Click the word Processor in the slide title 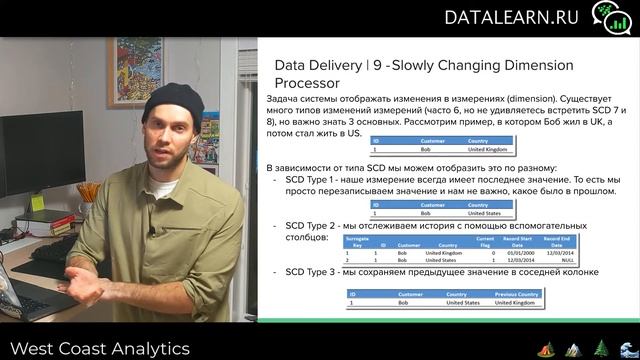[x=307, y=83]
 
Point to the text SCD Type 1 [x=315, y=178]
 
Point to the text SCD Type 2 [x=315, y=226]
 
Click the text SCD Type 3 [x=315, y=272]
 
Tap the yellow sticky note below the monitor [x=37, y=202]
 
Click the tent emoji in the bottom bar [x=546, y=349]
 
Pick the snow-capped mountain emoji [x=573, y=349]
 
